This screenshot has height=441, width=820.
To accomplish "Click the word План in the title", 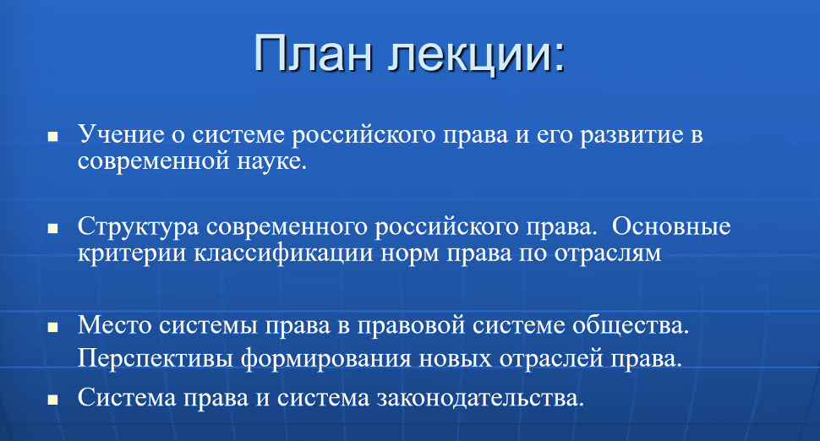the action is [314, 53].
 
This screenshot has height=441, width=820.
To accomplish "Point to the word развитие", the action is [631, 135].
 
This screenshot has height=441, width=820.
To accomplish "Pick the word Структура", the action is [139, 226].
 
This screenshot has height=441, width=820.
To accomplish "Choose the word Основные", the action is [671, 226].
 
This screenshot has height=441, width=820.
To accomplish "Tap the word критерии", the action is [132, 253].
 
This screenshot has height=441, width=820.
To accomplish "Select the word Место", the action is [114, 325].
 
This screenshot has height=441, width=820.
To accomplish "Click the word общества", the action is [631, 325].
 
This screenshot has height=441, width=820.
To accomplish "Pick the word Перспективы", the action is [156, 359].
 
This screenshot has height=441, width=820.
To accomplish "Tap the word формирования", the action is [325, 359].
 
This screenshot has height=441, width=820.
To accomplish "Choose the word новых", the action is [456, 359].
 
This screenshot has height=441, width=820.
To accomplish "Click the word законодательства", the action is [480, 398].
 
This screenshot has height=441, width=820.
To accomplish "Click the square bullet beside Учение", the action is [52, 137].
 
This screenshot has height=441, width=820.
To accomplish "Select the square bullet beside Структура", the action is [52, 229].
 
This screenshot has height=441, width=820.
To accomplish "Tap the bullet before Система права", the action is [52, 400].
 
